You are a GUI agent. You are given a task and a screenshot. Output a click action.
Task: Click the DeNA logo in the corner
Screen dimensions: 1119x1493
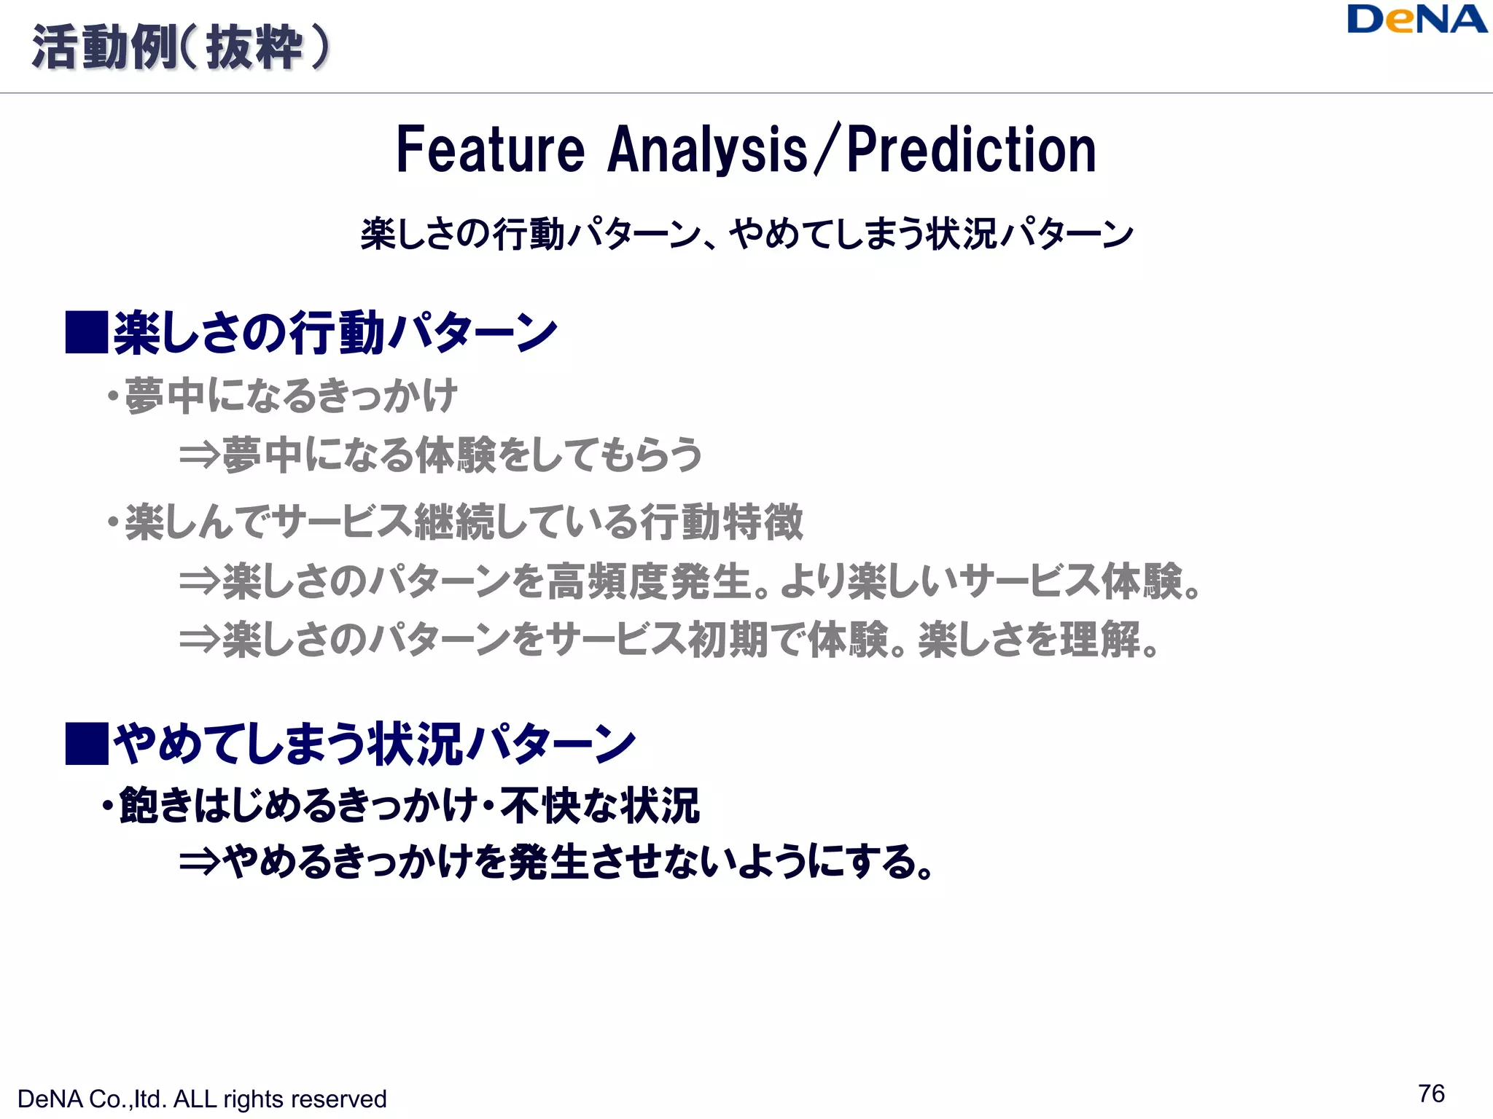click(x=1416, y=20)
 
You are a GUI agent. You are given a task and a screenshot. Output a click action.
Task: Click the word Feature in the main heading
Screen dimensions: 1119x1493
click(x=490, y=150)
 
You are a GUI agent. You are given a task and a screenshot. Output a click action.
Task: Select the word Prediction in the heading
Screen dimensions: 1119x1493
click(x=971, y=150)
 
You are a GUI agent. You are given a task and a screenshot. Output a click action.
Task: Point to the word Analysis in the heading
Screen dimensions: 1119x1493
click(x=707, y=150)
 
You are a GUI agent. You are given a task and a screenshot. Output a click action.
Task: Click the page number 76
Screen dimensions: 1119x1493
click(x=1431, y=1094)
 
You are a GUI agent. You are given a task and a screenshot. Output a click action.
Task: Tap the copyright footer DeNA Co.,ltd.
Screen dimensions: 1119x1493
click(x=201, y=1099)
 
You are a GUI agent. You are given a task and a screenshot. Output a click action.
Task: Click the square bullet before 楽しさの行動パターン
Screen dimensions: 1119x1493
click(x=87, y=332)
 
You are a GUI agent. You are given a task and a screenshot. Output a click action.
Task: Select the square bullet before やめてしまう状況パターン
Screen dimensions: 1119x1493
click(x=87, y=743)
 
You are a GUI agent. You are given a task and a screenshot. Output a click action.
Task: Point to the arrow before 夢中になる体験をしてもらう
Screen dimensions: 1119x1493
click(x=200, y=455)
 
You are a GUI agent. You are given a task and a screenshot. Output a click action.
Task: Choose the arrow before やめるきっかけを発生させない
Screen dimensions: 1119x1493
click(x=200, y=863)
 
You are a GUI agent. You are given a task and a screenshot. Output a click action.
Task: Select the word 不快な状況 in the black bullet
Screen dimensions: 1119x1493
click(x=600, y=806)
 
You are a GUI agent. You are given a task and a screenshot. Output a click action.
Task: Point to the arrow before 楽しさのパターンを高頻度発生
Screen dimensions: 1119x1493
click(x=200, y=581)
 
